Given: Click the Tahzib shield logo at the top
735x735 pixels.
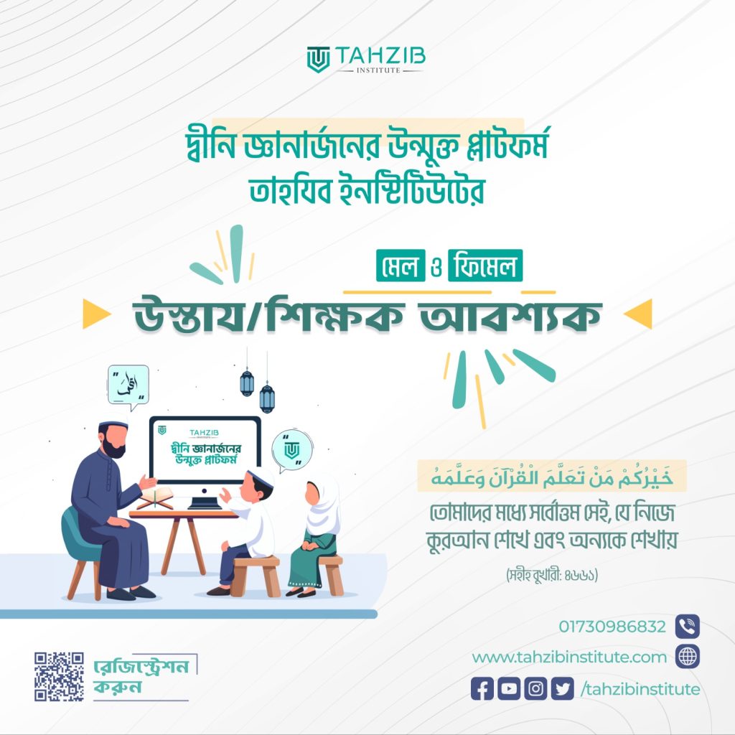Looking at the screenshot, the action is pyautogui.click(x=318, y=60).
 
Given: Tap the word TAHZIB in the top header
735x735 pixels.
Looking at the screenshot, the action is pyautogui.click(x=380, y=56).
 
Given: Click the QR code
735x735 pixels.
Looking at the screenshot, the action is pyautogui.click(x=59, y=676).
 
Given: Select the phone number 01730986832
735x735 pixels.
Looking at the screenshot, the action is pyautogui.click(x=612, y=627).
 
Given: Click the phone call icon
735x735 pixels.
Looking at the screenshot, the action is pyautogui.click(x=687, y=627).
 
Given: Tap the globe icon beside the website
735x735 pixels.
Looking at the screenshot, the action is pyautogui.click(x=687, y=656).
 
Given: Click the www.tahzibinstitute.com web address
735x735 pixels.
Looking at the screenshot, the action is pyautogui.click(x=569, y=657).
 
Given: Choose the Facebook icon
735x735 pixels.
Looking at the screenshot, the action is pyautogui.click(x=482, y=689).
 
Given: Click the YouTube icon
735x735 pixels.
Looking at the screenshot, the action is pyautogui.click(x=509, y=689).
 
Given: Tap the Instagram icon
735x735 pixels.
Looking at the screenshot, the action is pyautogui.click(x=535, y=689).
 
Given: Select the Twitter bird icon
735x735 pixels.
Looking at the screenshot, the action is pyautogui.click(x=563, y=689).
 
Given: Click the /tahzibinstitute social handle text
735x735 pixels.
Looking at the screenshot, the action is pyautogui.click(x=640, y=690).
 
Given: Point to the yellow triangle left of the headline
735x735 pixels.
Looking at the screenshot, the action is pyautogui.click(x=96, y=314).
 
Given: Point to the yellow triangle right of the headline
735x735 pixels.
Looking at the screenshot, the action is pyautogui.click(x=638, y=314).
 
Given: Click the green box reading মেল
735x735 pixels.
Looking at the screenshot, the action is pyautogui.click(x=401, y=266).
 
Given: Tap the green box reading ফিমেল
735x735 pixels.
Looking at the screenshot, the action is pyautogui.click(x=485, y=266).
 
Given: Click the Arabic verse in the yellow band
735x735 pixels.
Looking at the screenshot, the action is pyautogui.click(x=552, y=477).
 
